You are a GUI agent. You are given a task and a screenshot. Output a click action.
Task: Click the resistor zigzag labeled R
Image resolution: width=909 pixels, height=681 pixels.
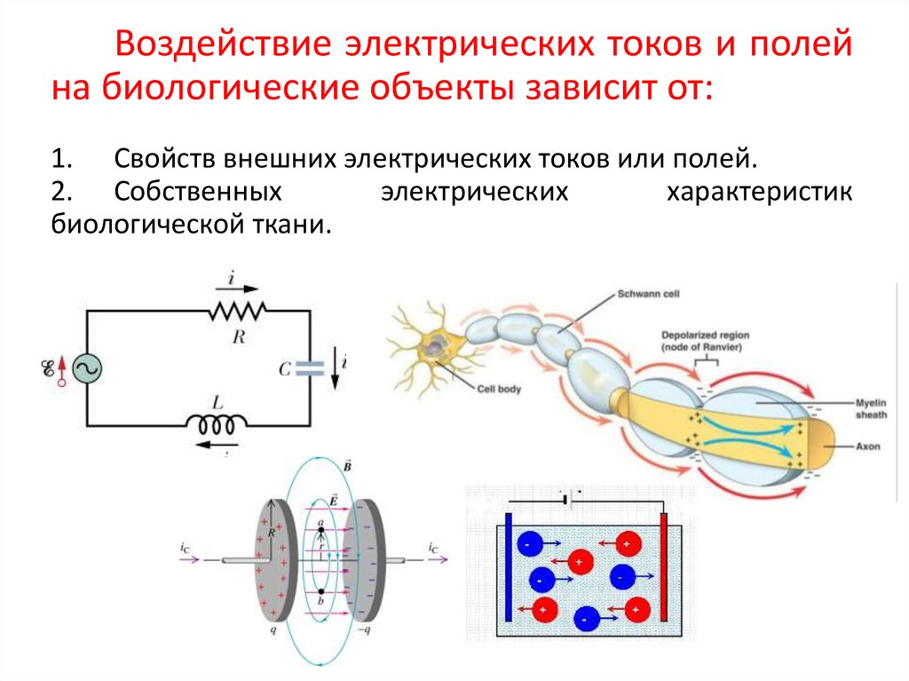[238, 311]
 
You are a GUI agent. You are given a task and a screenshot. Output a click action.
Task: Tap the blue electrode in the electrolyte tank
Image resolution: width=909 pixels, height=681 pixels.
[508, 566]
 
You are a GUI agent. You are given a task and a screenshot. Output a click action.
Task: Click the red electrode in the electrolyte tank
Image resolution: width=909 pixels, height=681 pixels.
[662, 566]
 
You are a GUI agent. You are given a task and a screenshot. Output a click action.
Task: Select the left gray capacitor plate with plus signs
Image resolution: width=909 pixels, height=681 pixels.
[273, 559]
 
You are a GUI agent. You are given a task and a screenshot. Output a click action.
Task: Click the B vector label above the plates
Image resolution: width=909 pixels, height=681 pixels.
[346, 464]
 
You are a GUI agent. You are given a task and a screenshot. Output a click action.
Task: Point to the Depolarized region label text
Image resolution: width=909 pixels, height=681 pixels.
[706, 341]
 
